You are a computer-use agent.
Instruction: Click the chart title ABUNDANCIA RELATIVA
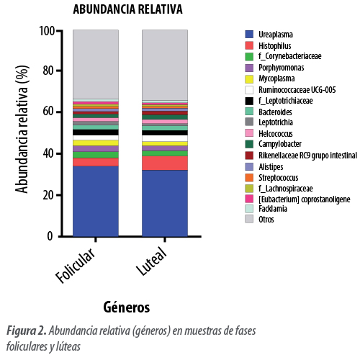pos(127,9)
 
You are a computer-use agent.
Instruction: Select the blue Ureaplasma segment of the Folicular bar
pos(96,201)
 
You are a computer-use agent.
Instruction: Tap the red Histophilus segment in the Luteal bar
pos(165,163)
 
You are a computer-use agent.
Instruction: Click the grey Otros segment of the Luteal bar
pos(165,65)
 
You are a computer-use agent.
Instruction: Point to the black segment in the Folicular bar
pos(96,132)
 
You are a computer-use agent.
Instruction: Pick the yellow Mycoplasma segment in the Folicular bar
pos(96,143)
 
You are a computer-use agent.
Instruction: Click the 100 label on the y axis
pos(47,31)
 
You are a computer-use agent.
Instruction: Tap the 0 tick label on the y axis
pos(50,236)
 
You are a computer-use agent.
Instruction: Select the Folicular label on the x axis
pos(76,265)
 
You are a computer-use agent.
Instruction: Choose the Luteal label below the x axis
pos(152,261)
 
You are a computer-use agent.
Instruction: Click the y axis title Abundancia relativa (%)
pos(22,129)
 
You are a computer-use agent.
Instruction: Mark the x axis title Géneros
pos(127,307)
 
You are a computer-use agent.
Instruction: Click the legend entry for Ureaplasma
pos(269,35)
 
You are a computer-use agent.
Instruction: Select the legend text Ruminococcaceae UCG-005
pos(297,90)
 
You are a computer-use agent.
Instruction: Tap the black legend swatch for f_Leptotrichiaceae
pos(249,101)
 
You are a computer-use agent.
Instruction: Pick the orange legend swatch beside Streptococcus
pos(249,178)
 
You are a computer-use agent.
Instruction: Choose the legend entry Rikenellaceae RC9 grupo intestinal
pos(301,156)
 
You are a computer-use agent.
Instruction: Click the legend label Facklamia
pos(273,209)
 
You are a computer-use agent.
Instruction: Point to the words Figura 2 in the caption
pos(26,331)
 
